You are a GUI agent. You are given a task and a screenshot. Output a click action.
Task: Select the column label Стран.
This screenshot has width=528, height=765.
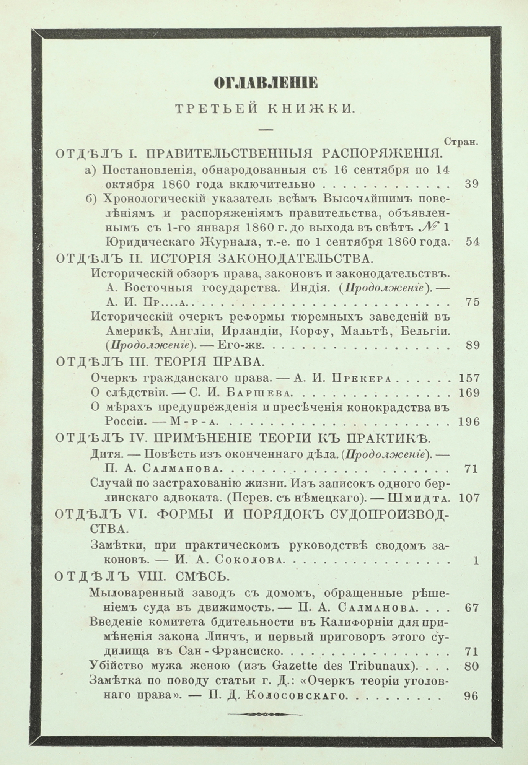tap(462, 142)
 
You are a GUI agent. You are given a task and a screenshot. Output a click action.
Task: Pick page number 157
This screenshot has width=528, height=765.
tap(468, 378)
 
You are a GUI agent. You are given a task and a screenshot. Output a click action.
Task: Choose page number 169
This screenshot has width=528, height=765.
tap(468, 393)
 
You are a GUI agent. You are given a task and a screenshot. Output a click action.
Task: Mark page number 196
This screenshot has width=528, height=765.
tap(468, 422)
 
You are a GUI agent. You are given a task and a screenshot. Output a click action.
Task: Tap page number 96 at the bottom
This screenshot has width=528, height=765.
tap(471, 696)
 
